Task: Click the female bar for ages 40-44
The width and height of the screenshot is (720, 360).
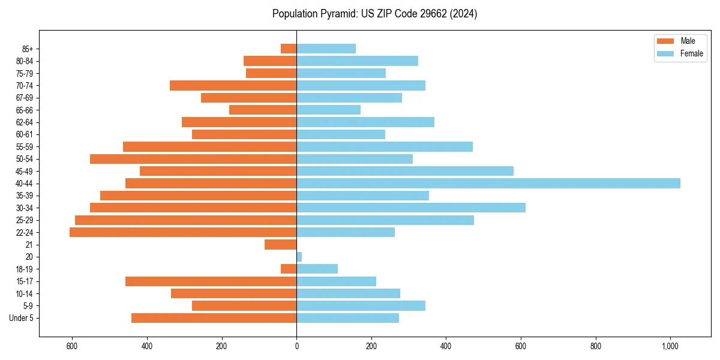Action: pos(488,183)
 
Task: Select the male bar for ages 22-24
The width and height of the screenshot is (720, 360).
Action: pos(183,232)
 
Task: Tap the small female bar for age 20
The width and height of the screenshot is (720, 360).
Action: pos(299,257)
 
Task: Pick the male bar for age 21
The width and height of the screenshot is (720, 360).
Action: pos(281,245)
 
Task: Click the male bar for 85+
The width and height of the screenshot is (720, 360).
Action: pos(289,49)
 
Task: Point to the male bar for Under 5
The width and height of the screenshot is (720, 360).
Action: pos(214,318)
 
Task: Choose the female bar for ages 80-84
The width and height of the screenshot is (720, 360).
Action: pos(357,61)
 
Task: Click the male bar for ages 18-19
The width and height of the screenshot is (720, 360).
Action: pos(289,269)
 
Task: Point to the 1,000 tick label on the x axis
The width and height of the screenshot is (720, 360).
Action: pos(670,346)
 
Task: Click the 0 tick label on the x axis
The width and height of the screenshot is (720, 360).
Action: pos(296,346)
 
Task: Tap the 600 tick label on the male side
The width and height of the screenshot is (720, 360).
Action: pos(72,346)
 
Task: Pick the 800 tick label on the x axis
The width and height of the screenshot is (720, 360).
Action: pos(596,346)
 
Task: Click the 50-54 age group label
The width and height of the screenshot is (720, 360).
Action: pos(25,159)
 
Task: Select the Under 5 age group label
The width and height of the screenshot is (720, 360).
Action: pos(22,318)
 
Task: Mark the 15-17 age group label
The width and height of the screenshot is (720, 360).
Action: pos(25,281)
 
